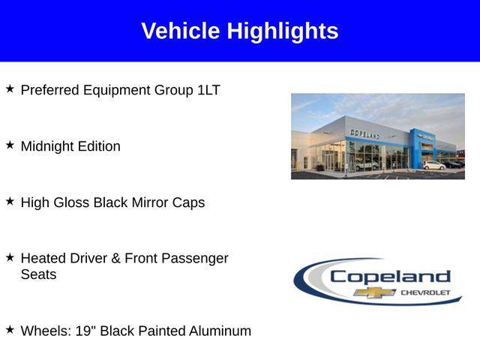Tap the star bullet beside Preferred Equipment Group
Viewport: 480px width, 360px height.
tap(10, 88)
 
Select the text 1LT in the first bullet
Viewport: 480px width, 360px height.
tap(208, 90)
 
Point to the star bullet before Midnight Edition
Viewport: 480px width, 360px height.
tap(10, 145)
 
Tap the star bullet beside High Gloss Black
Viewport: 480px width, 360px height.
tap(10, 201)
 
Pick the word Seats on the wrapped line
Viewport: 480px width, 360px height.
tap(38, 274)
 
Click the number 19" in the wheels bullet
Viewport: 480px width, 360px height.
tap(85, 331)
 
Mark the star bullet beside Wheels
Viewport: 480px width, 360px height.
tap(10, 329)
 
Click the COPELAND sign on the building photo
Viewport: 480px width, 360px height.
tap(365, 133)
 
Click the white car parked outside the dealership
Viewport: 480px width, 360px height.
tap(433, 165)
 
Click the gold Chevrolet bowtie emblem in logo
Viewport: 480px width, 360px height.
tap(375, 292)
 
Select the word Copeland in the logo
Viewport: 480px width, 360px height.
tap(390, 276)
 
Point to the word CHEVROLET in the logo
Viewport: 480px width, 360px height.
tap(426, 292)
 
